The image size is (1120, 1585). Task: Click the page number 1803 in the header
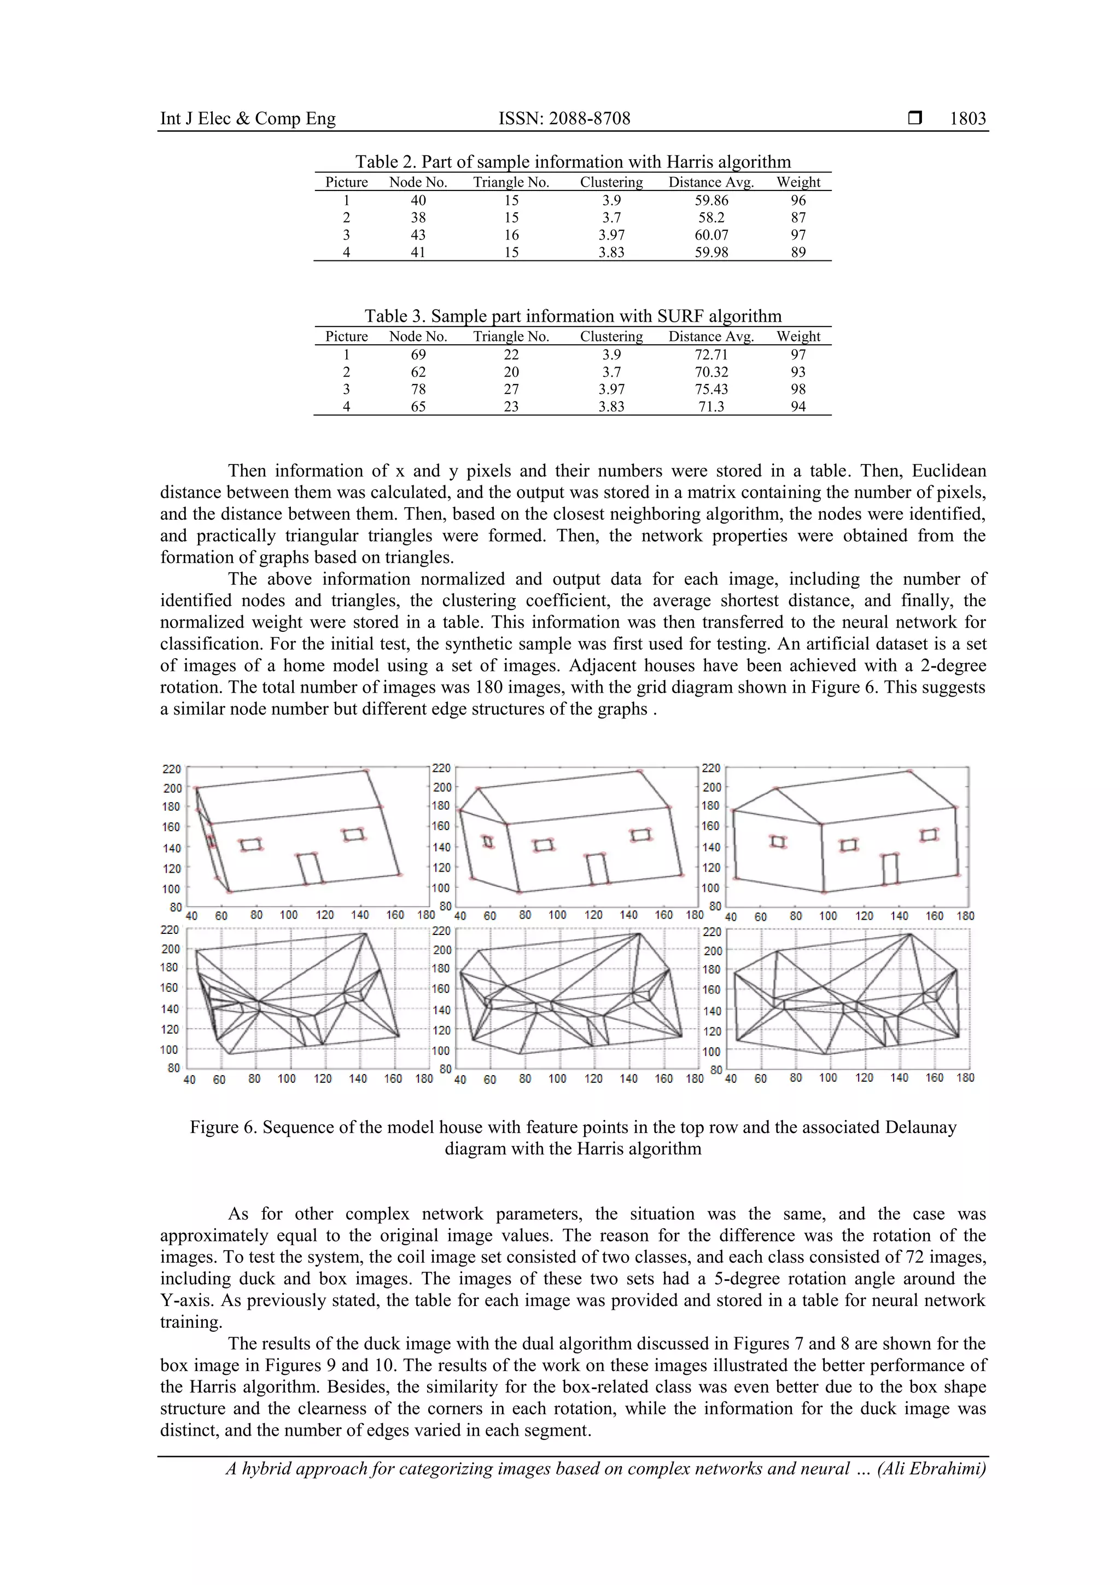(x=967, y=119)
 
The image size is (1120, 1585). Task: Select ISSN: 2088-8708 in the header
(x=564, y=119)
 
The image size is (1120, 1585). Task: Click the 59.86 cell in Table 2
(x=711, y=201)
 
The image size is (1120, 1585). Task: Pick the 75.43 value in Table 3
(x=711, y=390)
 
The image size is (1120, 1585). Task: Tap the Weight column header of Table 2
(x=798, y=182)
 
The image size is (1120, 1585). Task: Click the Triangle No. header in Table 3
(x=511, y=337)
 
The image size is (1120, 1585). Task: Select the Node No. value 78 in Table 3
(x=418, y=390)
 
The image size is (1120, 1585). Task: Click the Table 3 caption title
(x=572, y=317)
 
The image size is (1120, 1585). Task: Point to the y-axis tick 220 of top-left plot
(x=171, y=769)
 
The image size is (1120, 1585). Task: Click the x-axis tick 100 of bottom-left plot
(x=287, y=1079)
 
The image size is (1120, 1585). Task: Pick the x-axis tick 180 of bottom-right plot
(x=965, y=1078)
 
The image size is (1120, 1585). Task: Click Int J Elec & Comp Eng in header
(x=248, y=119)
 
